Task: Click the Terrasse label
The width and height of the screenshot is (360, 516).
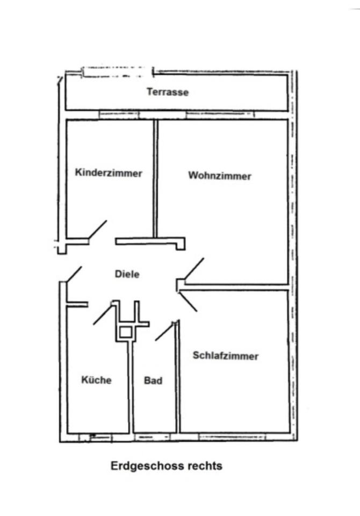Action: coord(168,92)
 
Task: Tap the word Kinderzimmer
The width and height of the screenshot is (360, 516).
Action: coord(109,173)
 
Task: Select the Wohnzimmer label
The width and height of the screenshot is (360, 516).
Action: coord(220,176)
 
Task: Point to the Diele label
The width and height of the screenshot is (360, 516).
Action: coord(127,274)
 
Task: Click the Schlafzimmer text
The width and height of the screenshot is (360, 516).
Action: coord(225,356)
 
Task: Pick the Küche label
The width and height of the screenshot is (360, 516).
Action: coord(97,380)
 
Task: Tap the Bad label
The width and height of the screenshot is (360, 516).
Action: coord(153,381)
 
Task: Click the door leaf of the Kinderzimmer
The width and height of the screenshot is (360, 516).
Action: coord(97,230)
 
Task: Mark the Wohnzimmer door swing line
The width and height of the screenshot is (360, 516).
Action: coord(194,268)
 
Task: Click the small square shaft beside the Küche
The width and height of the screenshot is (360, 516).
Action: coord(125,332)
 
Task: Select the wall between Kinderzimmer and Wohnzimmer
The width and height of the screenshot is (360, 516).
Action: coord(156,177)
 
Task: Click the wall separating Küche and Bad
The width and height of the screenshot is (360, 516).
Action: coord(131,387)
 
